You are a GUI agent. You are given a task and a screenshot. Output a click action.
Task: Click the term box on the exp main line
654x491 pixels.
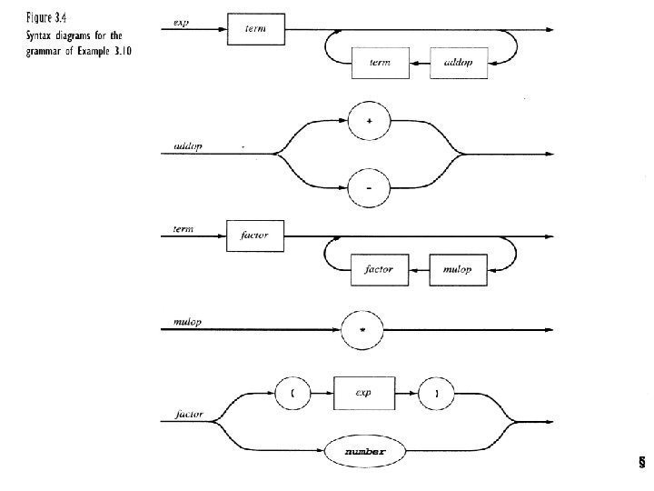point(255,29)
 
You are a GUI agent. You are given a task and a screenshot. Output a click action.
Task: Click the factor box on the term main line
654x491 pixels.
point(255,235)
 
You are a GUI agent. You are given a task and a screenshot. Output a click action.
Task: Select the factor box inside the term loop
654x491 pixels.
point(377,270)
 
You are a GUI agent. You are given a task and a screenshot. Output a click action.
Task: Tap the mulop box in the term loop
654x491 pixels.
point(458,270)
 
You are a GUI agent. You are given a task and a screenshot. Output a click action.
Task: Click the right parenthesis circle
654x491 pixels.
point(437,393)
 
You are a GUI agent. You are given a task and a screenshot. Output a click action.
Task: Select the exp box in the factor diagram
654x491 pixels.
point(365,393)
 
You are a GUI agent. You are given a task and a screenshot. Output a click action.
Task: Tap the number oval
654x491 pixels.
point(364,451)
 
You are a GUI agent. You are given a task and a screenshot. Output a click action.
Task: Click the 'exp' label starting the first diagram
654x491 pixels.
point(180,22)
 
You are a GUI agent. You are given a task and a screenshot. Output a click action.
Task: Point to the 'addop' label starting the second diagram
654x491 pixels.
point(186,145)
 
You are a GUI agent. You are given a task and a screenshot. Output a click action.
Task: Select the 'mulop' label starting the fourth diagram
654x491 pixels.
point(185,320)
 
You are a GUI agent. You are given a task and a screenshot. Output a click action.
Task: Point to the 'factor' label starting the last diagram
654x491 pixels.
point(188,416)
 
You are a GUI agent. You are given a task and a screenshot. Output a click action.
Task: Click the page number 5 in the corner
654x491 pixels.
point(641,463)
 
